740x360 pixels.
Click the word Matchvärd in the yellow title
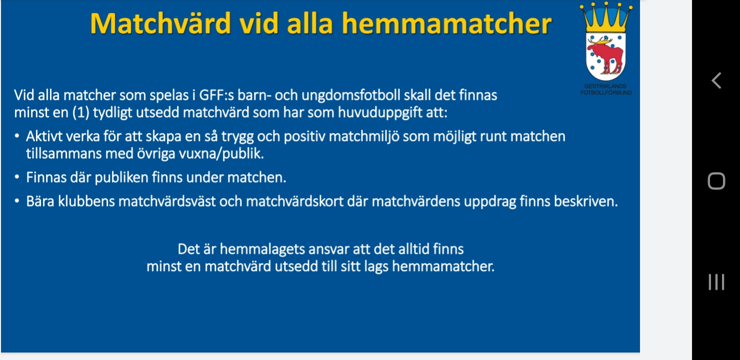[160, 23]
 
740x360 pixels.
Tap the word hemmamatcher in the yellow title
[446, 23]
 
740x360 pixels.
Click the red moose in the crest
[606, 55]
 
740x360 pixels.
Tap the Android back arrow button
[716, 80]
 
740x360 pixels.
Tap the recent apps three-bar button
[716, 282]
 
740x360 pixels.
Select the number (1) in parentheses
[81, 112]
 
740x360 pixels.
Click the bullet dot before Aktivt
[17, 135]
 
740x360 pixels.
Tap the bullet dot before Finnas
[17, 176]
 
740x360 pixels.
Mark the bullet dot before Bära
[17, 201]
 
